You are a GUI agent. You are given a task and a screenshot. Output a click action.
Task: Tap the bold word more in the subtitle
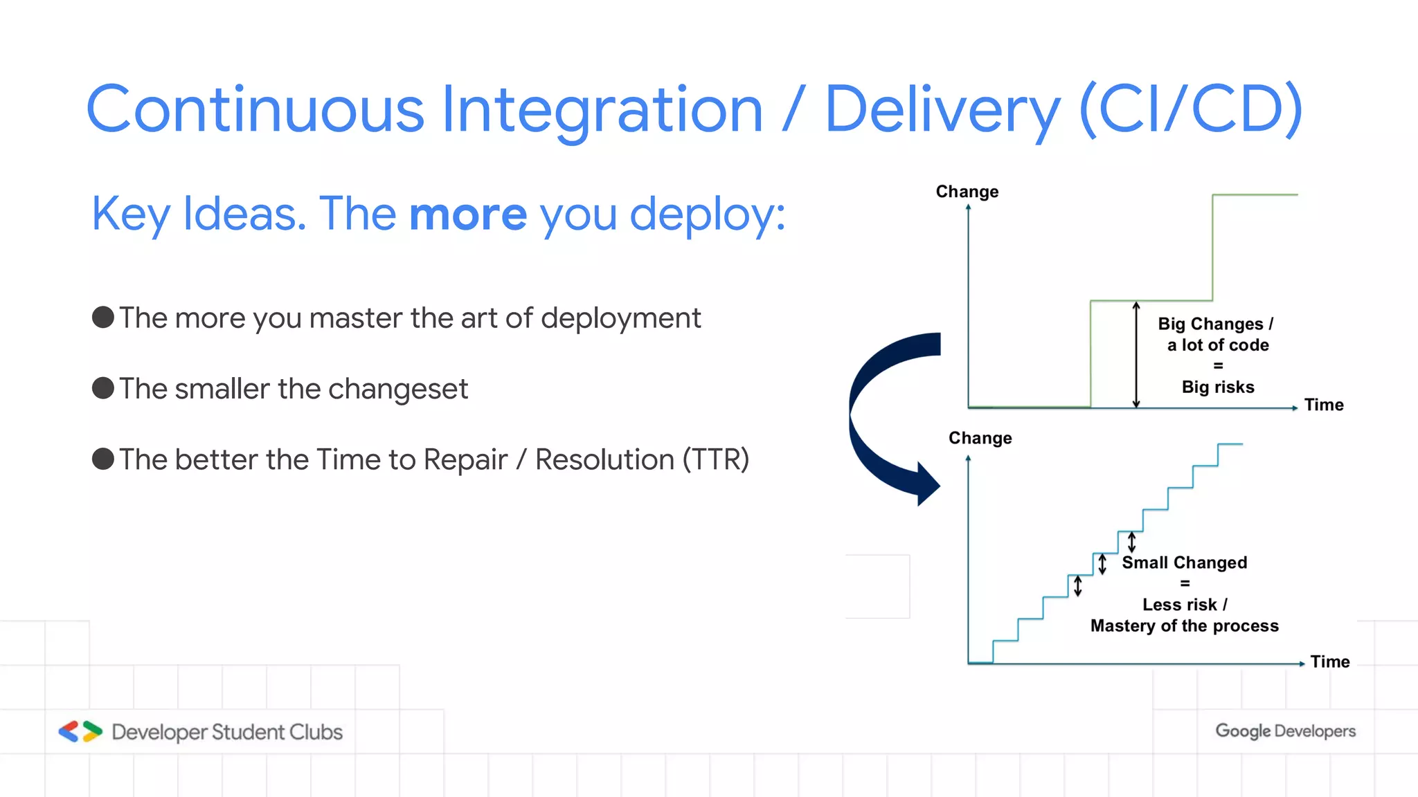pyautogui.click(x=468, y=214)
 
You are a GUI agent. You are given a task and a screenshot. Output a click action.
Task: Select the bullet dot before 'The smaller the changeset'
pyautogui.click(x=103, y=388)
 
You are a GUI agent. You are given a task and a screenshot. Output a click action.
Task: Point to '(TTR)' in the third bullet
pyautogui.click(x=715, y=459)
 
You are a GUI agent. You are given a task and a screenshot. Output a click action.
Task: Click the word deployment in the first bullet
pyautogui.click(x=620, y=318)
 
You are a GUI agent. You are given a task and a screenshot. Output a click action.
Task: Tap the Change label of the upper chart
pyautogui.click(x=967, y=192)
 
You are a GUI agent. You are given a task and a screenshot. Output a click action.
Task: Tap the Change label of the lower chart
pyautogui.click(x=980, y=438)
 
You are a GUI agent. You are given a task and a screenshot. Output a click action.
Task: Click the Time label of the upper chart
pyautogui.click(x=1323, y=405)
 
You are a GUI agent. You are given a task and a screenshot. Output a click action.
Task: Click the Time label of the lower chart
pyautogui.click(x=1329, y=661)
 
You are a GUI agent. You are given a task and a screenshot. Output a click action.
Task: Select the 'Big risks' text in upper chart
pyautogui.click(x=1217, y=387)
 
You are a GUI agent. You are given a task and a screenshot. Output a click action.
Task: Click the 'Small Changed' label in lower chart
pyautogui.click(x=1184, y=562)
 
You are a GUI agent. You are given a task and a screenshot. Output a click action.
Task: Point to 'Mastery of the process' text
pyautogui.click(x=1184, y=625)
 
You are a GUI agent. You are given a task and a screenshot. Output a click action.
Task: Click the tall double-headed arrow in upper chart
pyautogui.click(x=1136, y=354)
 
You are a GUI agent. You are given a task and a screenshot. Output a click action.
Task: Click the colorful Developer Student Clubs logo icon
pyautogui.click(x=80, y=731)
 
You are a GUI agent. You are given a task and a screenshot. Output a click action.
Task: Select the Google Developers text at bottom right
pyautogui.click(x=1285, y=731)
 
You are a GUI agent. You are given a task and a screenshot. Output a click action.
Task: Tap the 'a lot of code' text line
pyautogui.click(x=1217, y=345)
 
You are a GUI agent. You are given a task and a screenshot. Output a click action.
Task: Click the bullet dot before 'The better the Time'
pyautogui.click(x=103, y=459)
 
